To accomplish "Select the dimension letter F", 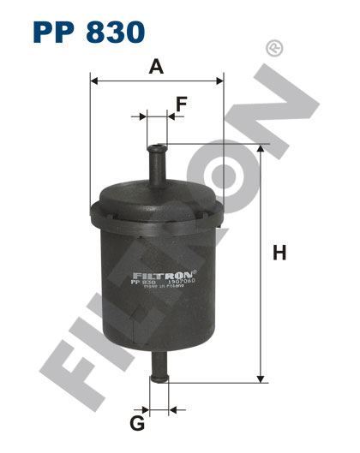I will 181,104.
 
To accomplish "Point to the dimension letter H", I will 279,253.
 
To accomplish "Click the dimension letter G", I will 136,422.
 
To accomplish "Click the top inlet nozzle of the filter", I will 158,162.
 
